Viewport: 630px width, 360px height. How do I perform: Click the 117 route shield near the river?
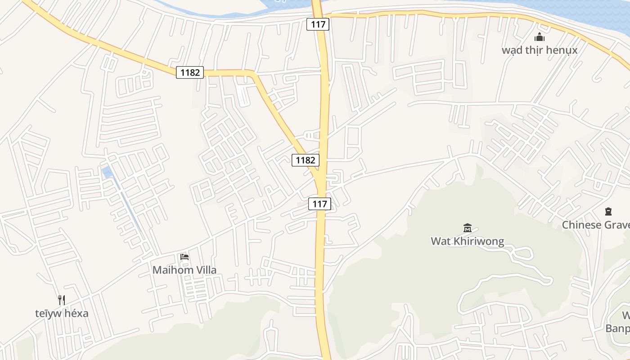pyautogui.click(x=318, y=24)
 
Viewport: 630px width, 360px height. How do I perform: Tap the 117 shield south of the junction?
pyautogui.click(x=319, y=204)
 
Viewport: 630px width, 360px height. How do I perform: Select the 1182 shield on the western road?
pyautogui.click(x=190, y=72)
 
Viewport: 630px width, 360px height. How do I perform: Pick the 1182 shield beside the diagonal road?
pyautogui.click(x=306, y=160)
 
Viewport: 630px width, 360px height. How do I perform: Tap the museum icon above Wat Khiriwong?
pyautogui.click(x=467, y=228)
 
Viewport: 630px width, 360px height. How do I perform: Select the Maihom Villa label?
pyautogui.click(x=184, y=270)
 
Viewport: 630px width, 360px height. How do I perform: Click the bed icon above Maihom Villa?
pyautogui.click(x=184, y=257)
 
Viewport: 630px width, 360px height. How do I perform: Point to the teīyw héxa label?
pyautogui.click(x=62, y=313)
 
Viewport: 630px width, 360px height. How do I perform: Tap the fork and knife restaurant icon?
pyautogui.click(x=62, y=300)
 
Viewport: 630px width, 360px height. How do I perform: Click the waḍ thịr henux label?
pyautogui.click(x=539, y=49)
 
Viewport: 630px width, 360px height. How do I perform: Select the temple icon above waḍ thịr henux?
pyautogui.click(x=539, y=37)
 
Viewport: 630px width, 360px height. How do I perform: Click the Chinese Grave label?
pyautogui.click(x=595, y=225)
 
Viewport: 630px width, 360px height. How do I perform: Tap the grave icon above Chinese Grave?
pyautogui.click(x=608, y=211)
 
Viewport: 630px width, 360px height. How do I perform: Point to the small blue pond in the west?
pyautogui.click(x=107, y=172)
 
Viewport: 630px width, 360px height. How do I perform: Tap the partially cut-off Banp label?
pyautogui.click(x=617, y=328)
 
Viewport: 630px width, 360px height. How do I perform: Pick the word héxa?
pyautogui.click(x=76, y=313)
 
